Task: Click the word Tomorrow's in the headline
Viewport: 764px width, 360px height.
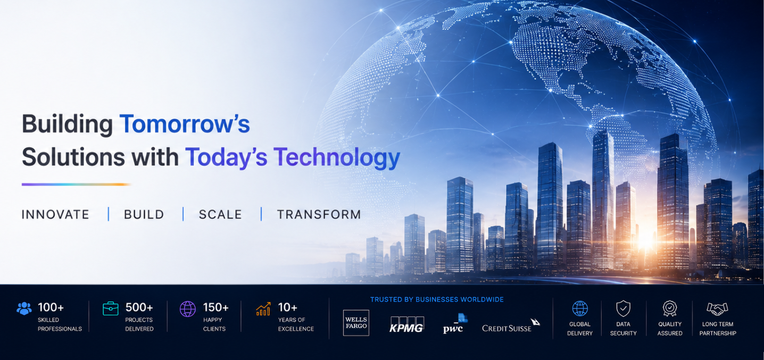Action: pos(185,123)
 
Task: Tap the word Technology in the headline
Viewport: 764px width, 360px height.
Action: pos(337,157)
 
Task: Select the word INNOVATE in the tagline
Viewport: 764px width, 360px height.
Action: pos(55,214)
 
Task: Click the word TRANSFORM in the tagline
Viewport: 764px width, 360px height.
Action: pos(319,214)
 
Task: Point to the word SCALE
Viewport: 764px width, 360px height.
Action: pos(220,214)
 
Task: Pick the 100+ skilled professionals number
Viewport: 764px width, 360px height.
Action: pos(51,307)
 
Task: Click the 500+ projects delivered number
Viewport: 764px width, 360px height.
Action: pos(139,307)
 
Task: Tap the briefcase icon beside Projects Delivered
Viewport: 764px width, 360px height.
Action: pos(111,308)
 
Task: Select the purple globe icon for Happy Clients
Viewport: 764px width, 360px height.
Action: pos(188,309)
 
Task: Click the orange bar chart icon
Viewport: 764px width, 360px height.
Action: pos(263,309)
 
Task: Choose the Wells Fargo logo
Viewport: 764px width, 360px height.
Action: pos(356,322)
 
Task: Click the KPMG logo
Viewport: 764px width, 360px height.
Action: pos(406,324)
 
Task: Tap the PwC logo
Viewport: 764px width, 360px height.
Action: pos(455,323)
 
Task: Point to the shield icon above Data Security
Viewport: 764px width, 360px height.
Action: pos(623,308)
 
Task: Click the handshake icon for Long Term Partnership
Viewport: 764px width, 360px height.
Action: pos(717,309)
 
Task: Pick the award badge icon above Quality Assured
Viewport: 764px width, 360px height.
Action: pos(670,308)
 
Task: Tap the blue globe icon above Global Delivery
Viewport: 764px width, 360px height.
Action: pos(580,308)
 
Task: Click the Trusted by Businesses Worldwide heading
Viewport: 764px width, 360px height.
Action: pos(437,299)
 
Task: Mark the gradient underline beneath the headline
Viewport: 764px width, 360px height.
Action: pos(76,185)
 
